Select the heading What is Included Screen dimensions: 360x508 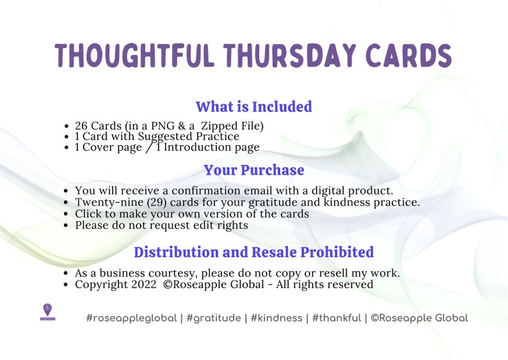click(254, 107)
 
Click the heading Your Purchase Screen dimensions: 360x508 click(254, 171)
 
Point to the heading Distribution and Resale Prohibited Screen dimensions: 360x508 click(254, 252)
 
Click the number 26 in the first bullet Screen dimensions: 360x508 click(81, 126)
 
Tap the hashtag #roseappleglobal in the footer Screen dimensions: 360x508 click(131, 318)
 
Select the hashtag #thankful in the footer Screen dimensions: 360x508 click(337, 318)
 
